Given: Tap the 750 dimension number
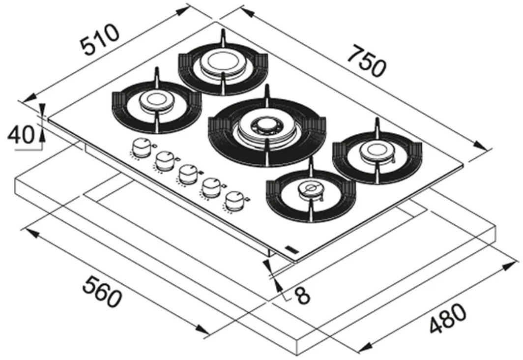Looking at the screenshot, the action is [x=367, y=62].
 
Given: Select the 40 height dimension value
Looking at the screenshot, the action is [x=21, y=135].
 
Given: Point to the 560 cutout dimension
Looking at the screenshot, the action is [x=102, y=293].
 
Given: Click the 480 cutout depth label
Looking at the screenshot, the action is [x=448, y=319].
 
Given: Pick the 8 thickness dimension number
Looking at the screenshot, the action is [x=303, y=296].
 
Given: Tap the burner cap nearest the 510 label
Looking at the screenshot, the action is [x=156, y=100].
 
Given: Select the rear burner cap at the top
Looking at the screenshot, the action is [x=222, y=63].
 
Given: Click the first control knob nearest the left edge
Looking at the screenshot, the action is [x=141, y=148].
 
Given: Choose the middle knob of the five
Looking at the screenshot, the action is [x=188, y=174].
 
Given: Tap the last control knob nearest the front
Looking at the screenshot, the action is [x=234, y=201].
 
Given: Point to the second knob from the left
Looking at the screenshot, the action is [x=165, y=160].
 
